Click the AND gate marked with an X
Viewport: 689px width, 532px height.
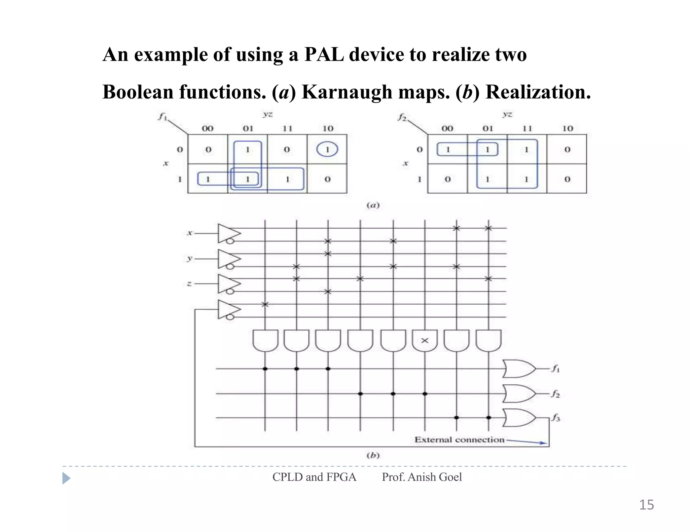(x=425, y=340)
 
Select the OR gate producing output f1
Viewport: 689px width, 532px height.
(x=518, y=369)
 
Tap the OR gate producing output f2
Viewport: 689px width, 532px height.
(x=518, y=393)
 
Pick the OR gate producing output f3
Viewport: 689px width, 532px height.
(x=518, y=418)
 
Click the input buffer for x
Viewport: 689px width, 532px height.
(x=228, y=233)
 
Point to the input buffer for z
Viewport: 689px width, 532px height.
(x=228, y=284)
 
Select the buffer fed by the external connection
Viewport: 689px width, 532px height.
(x=228, y=309)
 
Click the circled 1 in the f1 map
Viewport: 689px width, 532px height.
(x=327, y=149)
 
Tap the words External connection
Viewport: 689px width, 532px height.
(x=459, y=440)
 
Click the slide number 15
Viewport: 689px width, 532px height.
(x=646, y=505)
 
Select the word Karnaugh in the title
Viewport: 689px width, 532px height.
(x=347, y=92)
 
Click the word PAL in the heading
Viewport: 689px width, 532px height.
(x=324, y=54)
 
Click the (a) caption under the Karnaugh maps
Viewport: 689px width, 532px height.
(x=373, y=205)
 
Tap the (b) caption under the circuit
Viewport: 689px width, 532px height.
(x=373, y=455)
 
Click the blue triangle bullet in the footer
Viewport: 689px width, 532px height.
(x=66, y=478)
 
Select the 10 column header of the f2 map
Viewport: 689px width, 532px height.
(x=568, y=128)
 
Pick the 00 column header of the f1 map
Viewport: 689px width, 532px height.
(x=208, y=128)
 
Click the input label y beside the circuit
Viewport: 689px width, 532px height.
(x=190, y=258)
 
